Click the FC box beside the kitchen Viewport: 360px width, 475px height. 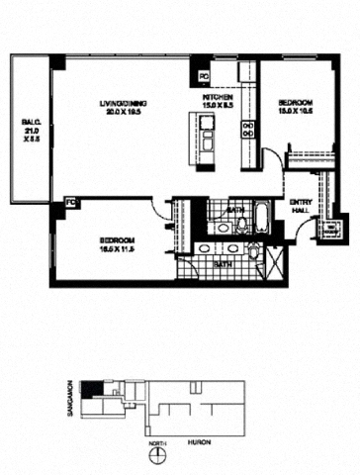[204, 76]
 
